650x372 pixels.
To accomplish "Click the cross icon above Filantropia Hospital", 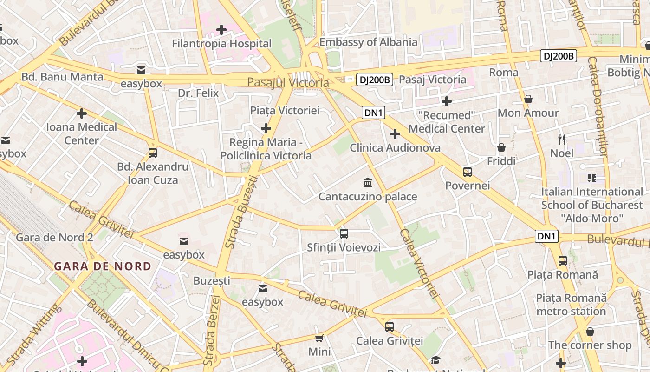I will point(221,30).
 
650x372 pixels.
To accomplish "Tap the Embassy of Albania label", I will point(368,42).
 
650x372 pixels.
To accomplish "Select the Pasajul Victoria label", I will point(288,83).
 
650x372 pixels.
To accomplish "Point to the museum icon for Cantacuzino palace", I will point(368,182).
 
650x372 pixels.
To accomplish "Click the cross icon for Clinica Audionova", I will point(395,134).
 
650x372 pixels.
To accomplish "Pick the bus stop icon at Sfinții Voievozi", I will point(344,234).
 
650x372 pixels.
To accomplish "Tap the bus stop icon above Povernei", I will point(467,172).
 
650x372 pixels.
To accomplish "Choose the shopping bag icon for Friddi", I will point(501,147).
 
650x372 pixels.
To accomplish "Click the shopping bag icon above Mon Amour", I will point(528,99).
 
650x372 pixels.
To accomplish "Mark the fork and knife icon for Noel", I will point(562,139).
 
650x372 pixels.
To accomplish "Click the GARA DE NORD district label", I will point(103,266).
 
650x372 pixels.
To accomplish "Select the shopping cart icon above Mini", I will point(319,338).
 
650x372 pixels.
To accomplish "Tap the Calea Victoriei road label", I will point(419,263).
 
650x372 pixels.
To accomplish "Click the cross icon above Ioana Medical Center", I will point(82,113).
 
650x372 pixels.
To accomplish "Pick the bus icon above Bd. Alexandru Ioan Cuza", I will point(152,153).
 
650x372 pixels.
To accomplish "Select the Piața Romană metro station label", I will point(571,304).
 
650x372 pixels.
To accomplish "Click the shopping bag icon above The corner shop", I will point(590,332).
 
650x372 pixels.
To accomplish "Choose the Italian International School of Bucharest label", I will point(591,205).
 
